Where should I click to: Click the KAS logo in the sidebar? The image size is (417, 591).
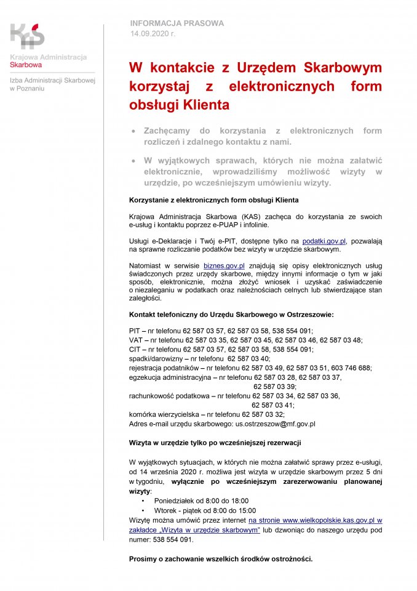[28, 35]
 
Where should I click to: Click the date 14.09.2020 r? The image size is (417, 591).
[153, 33]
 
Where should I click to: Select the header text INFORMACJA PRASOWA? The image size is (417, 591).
[177, 23]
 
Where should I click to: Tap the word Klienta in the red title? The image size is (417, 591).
[206, 105]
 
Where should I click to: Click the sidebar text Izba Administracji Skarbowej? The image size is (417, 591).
[52, 81]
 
